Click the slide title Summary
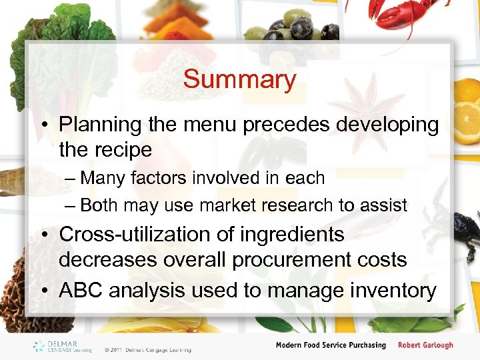click(239, 79)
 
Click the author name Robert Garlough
click(425, 345)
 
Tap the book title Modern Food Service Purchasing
click(331, 345)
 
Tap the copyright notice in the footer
click(147, 349)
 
